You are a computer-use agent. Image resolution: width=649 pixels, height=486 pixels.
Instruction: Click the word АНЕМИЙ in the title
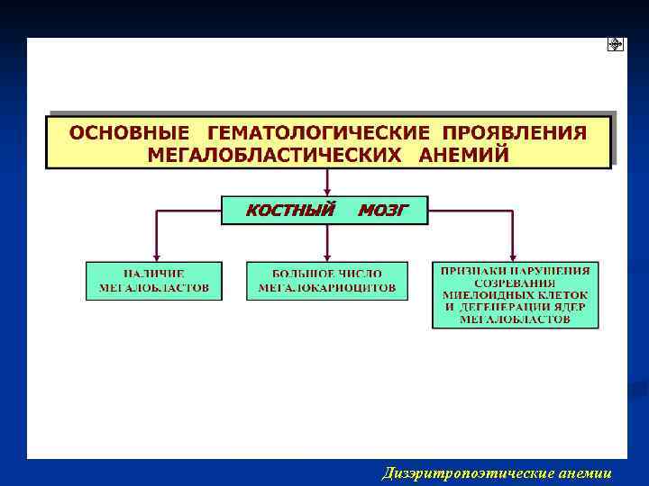pos(463,154)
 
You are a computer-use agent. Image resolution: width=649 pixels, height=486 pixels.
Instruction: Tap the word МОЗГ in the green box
pos(383,211)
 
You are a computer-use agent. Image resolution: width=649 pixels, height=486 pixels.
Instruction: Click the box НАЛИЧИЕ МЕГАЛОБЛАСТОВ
pos(154,281)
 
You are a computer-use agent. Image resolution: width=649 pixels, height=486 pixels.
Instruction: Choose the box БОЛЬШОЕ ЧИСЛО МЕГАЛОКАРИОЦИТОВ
pos(326,281)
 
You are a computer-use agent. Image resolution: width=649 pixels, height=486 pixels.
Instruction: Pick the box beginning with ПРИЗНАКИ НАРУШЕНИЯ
pos(515,294)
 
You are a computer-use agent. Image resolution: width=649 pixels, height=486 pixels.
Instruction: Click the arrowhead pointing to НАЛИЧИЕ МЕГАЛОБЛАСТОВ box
pos(157,256)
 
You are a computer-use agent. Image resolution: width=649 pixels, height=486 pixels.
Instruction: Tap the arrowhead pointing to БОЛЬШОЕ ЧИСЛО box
pos(326,256)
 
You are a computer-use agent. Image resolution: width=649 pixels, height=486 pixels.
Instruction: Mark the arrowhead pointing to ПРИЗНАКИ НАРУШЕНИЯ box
pos(514,256)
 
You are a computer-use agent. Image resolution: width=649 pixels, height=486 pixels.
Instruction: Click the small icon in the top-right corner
pos(615,45)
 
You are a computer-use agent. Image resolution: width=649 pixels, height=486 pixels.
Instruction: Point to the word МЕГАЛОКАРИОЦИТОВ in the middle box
pos(326,288)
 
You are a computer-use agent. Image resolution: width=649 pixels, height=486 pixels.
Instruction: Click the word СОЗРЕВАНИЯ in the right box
pos(515,282)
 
